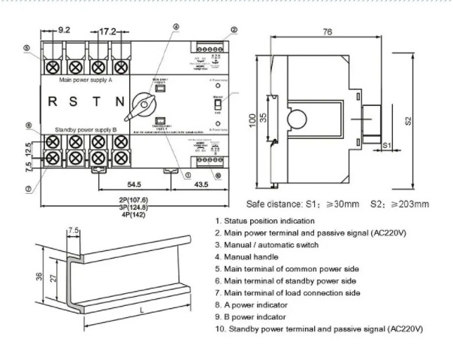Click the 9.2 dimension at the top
click(x=64, y=31)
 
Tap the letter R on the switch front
click(x=53, y=101)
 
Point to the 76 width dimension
click(x=328, y=32)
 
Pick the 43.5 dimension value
click(x=202, y=184)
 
